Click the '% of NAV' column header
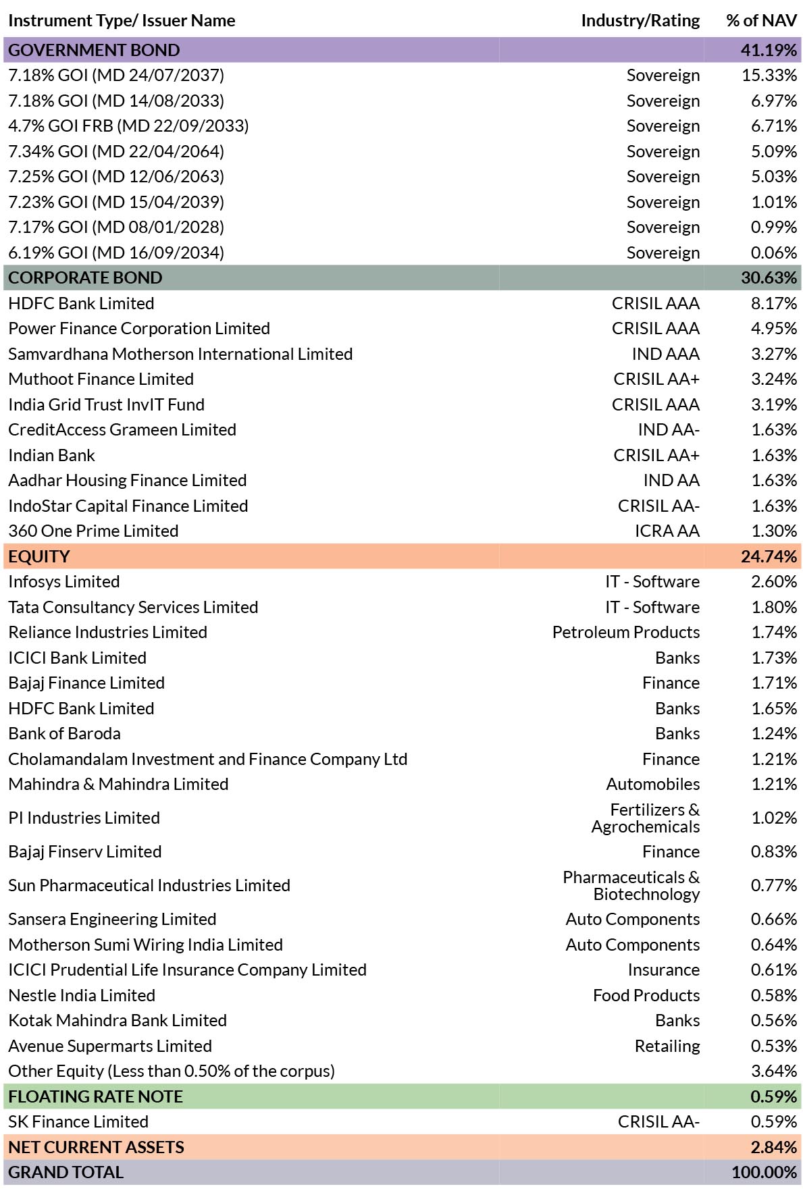[761, 21]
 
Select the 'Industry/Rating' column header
[640, 21]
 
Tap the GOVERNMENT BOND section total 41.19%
[769, 50]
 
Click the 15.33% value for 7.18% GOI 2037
[769, 75]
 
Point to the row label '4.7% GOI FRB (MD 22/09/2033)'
[128, 126]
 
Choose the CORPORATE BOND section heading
[85, 277]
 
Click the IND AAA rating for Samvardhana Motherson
[665, 354]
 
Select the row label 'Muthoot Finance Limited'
[101, 379]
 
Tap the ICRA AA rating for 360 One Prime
[667, 531]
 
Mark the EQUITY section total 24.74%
[769, 556]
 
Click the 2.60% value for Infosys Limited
[774, 581]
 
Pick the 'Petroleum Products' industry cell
[625, 632]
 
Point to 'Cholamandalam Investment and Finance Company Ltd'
[208, 760]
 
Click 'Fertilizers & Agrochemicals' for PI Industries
[645, 818]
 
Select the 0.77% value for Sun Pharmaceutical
[774, 885]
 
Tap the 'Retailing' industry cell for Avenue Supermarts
[667, 1046]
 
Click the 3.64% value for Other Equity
[774, 1071]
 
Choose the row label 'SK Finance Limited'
[78, 1121]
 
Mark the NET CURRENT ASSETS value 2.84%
[774, 1147]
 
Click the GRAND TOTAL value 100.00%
[765, 1172]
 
